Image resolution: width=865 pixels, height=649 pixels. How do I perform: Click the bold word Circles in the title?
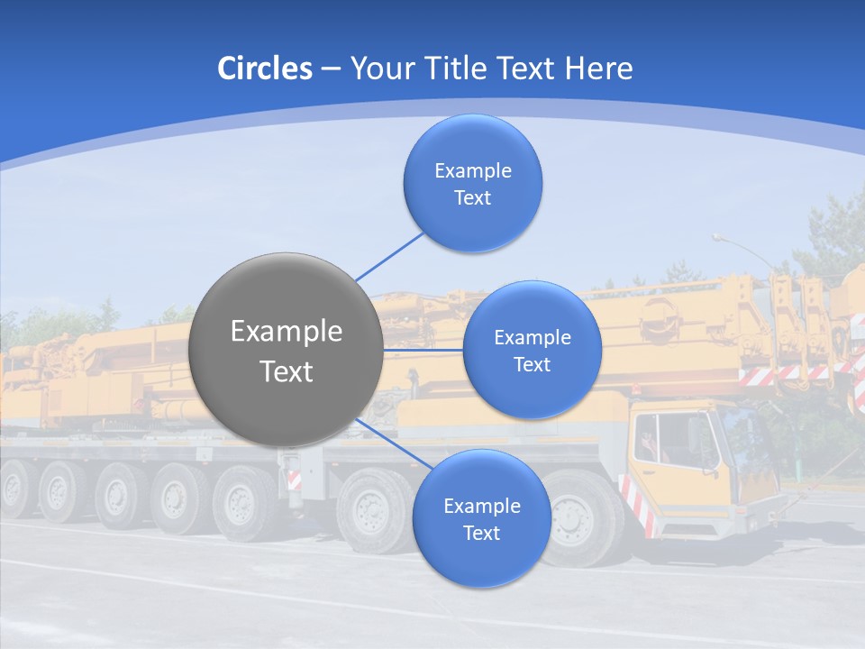click(x=265, y=69)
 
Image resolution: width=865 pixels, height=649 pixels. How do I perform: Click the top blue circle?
click(x=472, y=183)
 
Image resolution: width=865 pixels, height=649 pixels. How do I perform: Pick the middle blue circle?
click(x=532, y=350)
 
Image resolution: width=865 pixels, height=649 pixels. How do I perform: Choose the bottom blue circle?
click(x=481, y=518)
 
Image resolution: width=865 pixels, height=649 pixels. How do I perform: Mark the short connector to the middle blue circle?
click(x=423, y=350)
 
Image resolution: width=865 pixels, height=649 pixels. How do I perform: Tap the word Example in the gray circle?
click(x=287, y=332)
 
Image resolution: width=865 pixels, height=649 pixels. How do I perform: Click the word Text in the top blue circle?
click(x=472, y=197)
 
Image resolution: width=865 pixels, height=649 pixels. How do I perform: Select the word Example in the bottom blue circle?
click(x=481, y=506)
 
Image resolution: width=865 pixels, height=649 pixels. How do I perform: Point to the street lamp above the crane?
click(x=720, y=238)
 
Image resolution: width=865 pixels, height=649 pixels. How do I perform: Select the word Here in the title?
click(x=600, y=69)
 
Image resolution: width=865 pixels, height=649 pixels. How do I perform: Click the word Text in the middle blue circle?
click(x=532, y=364)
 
